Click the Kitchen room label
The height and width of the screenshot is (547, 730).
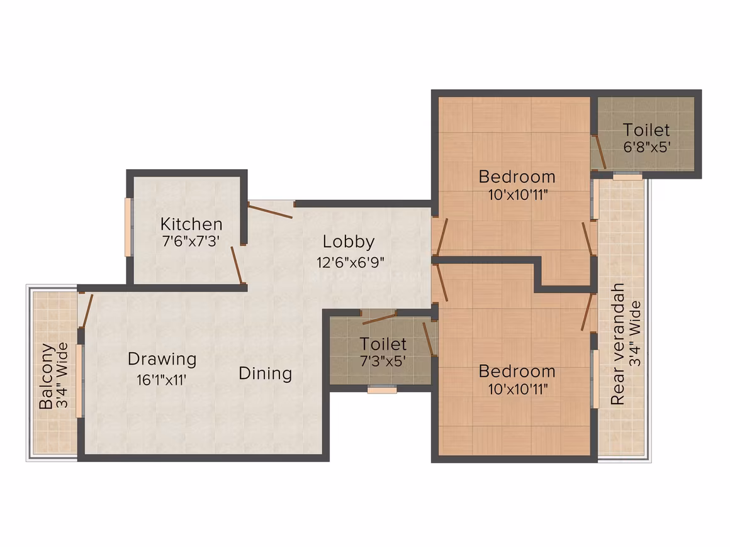point(191,224)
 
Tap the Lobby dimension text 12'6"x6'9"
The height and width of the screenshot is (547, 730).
point(351,262)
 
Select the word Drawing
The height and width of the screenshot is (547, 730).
point(162,360)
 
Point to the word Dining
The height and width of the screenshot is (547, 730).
point(266,373)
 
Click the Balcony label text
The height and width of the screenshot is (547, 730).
point(47,376)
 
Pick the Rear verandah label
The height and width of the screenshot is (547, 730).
point(617,344)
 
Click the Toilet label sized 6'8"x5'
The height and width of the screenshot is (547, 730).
point(646,130)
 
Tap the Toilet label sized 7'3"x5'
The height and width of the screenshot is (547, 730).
point(383,344)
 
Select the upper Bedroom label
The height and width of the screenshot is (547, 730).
point(517,177)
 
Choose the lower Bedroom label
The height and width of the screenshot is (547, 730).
point(517,371)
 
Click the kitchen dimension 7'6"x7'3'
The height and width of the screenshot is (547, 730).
point(191,241)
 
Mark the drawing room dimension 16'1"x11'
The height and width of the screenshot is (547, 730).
point(162,380)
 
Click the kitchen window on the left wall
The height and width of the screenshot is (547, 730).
point(128,227)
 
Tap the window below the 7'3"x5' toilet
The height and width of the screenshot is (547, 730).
point(382,390)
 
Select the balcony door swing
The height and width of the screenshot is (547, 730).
point(87,311)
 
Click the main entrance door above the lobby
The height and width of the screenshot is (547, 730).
point(271,210)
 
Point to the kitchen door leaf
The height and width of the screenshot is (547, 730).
point(237,265)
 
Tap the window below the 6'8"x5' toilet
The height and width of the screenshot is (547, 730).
point(627,176)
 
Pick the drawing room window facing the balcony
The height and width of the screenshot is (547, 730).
point(80,380)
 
